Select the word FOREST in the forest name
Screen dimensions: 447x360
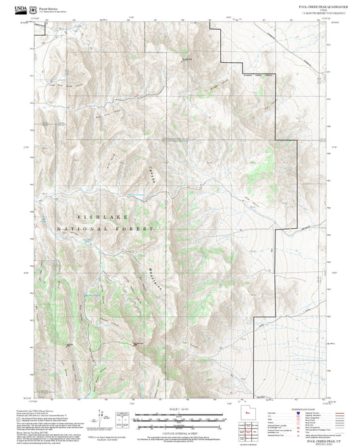[x=134, y=230]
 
